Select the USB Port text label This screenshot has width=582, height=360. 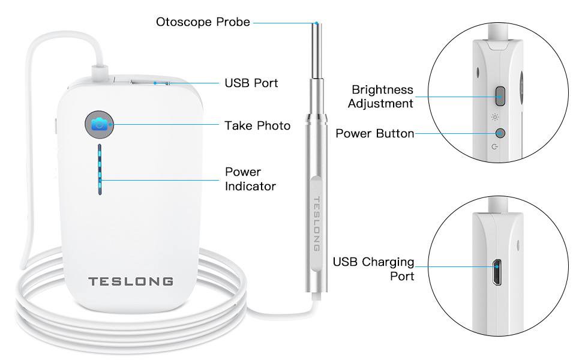[251, 83]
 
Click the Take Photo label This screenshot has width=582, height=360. [257, 125]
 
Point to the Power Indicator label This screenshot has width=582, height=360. [250, 179]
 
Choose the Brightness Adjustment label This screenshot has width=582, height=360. [382, 96]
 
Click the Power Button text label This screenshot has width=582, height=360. [374, 133]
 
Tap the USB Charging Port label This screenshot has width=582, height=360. [373, 269]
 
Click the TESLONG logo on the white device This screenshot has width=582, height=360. [131, 281]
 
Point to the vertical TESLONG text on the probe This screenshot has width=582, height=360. [317, 223]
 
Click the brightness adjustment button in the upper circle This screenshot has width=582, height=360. [500, 94]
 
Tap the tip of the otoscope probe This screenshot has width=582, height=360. [315, 24]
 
